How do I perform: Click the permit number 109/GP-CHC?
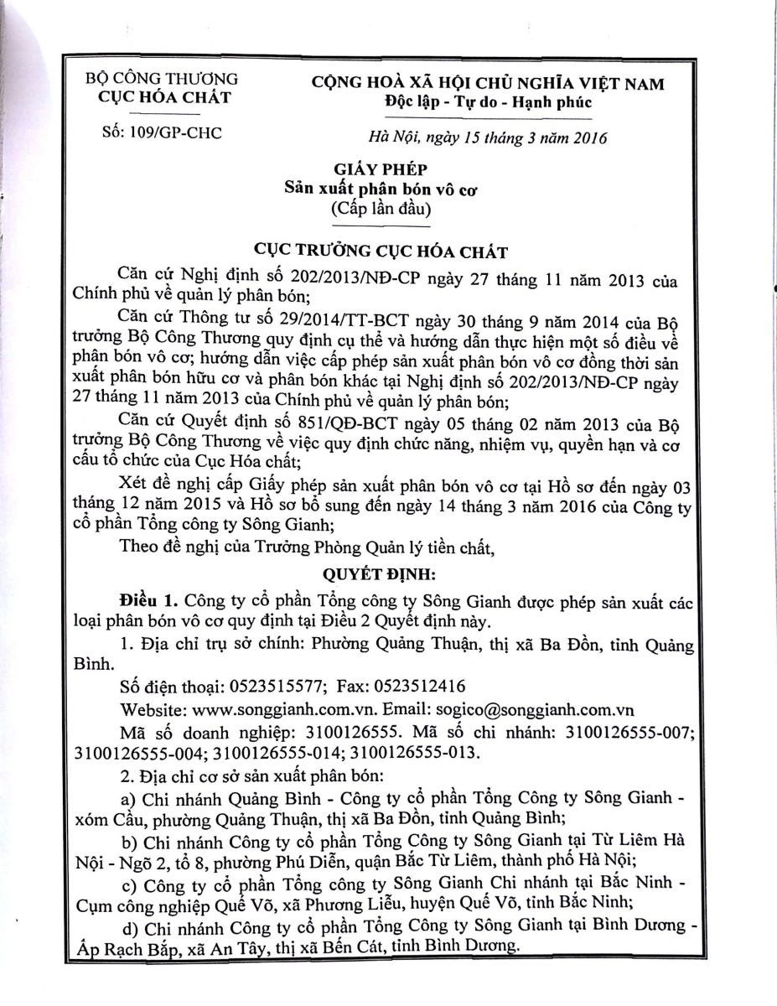[x=177, y=132]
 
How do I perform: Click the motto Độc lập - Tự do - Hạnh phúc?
[x=487, y=102]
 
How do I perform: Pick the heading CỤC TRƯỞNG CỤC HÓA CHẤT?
[x=388, y=251]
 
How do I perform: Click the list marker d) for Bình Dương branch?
[x=131, y=928]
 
